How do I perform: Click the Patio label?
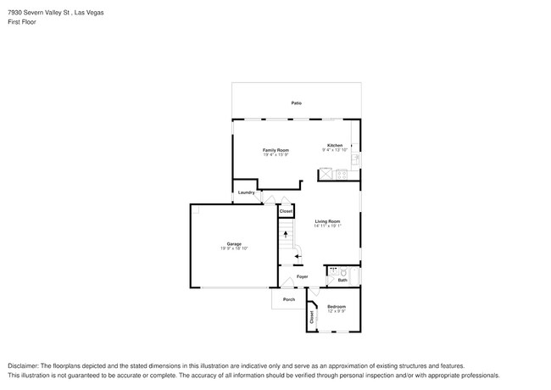(x=297, y=103)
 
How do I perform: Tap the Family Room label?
(x=275, y=149)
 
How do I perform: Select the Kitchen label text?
(x=335, y=145)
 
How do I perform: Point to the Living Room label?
(x=327, y=221)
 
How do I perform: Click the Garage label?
(x=233, y=244)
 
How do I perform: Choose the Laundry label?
(x=247, y=192)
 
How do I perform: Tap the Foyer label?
(x=302, y=276)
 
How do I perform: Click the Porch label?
(x=289, y=299)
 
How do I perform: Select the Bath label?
(x=342, y=280)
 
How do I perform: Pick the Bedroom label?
(x=337, y=306)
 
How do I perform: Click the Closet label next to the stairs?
(x=287, y=211)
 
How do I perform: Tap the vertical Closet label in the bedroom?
(x=312, y=317)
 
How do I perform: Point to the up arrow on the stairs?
(x=286, y=233)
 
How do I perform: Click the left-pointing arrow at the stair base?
(x=297, y=255)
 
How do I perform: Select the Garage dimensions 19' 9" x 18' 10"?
(x=233, y=248)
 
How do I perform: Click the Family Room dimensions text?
(x=275, y=154)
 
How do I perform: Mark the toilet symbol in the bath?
(x=342, y=272)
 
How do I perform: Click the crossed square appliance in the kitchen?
(x=325, y=175)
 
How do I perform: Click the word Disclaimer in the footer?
(x=24, y=364)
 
